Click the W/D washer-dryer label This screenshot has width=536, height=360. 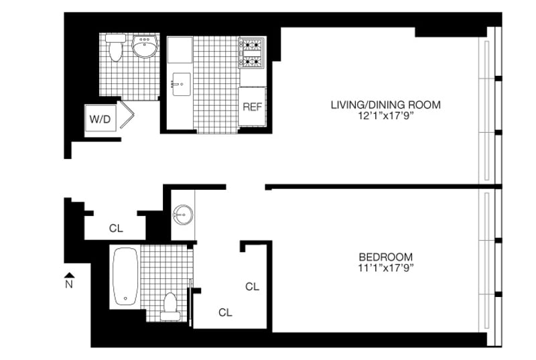[100, 119]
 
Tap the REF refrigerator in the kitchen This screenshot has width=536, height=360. [253, 107]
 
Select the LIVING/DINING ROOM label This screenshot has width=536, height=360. [386, 105]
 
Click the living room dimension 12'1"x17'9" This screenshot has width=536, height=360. [386, 116]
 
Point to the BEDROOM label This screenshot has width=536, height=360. [386, 257]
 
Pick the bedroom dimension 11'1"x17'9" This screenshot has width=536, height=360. [386, 267]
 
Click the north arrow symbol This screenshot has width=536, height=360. [70, 276]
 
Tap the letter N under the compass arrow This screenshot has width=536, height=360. [69, 284]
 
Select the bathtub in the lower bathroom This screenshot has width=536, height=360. [125, 276]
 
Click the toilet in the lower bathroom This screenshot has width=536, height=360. [170, 306]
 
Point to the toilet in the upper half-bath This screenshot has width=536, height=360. [115, 47]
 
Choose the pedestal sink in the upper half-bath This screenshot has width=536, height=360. [145, 46]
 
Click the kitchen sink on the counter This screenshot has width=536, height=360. [182, 84]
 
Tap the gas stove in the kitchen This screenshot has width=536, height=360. [252, 53]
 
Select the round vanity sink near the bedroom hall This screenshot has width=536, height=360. [183, 215]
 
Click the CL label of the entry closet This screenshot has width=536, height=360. [116, 228]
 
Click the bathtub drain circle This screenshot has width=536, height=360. [125, 298]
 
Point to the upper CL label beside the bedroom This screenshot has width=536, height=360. [253, 286]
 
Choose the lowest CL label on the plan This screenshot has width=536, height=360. [225, 312]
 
